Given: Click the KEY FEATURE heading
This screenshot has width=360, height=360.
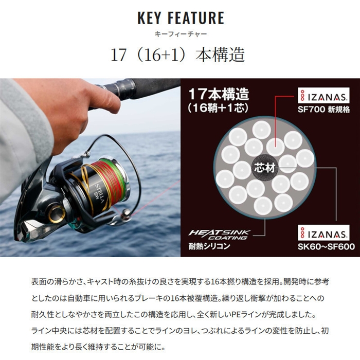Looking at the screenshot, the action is point(181,17).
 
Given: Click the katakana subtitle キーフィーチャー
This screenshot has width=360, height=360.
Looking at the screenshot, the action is point(181,34).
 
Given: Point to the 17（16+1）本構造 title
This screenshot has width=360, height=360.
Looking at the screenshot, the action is point(177,55).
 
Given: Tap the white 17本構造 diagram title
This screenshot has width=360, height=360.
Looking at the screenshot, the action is point(219,94).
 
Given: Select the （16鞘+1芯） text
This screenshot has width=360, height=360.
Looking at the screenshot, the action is point(218,107).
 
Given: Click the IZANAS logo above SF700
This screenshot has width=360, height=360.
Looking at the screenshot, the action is point(323,96).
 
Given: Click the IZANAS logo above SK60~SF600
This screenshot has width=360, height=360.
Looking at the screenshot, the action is point(323,233).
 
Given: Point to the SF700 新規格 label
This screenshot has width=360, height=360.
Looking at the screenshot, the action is point(323,110).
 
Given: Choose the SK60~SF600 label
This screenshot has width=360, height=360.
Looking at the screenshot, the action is point(326,247).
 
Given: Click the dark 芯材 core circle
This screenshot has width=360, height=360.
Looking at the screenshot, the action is point(264,168).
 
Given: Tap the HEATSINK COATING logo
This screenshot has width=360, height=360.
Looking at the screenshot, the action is point(219,235).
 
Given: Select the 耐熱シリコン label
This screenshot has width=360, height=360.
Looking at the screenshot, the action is point(209,246).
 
